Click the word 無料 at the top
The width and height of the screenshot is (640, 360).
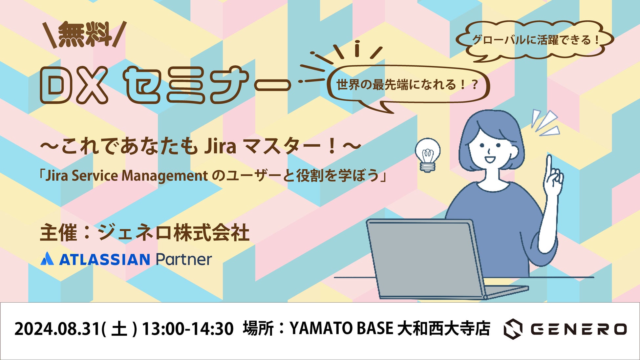click(x=85, y=34)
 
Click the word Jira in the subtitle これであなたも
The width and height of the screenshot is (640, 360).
click(x=220, y=146)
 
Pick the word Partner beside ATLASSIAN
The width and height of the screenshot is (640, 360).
click(x=184, y=259)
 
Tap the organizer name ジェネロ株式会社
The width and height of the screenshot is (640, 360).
click(x=173, y=233)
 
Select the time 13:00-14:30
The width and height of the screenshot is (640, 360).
click(x=188, y=329)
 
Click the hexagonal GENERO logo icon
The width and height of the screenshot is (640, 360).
click(x=513, y=329)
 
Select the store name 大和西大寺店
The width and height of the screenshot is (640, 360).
click(x=444, y=328)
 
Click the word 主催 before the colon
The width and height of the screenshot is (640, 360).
click(x=58, y=233)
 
